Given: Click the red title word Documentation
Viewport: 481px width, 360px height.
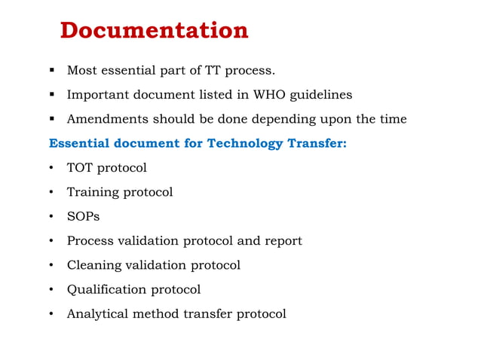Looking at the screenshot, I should (154, 31).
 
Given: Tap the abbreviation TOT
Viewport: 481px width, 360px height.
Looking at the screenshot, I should (80, 167).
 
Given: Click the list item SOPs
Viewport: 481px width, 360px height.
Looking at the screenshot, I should (83, 216).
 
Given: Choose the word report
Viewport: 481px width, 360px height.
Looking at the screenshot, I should (283, 241).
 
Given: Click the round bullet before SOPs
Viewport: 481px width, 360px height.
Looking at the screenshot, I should (51, 217).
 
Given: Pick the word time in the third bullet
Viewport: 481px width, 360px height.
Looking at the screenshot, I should (393, 119).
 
